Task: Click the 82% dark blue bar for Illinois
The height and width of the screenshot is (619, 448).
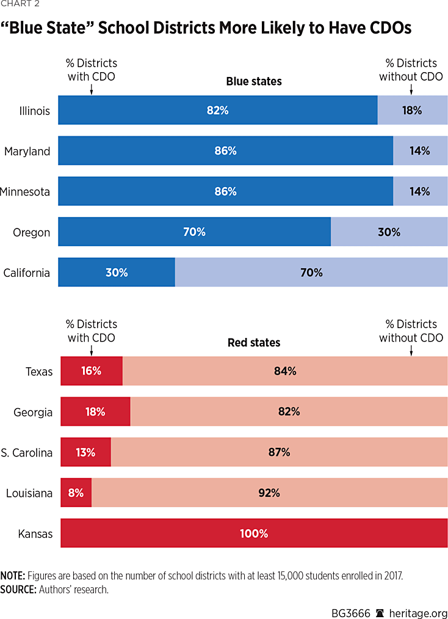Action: pyautogui.click(x=217, y=111)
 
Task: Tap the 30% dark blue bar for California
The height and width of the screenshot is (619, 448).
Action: pyautogui.click(x=116, y=273)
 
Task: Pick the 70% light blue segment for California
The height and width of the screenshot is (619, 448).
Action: pyautogui.click(x=311, y=273)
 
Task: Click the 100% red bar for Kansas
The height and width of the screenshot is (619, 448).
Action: pyautogui.click(x=254, y=533)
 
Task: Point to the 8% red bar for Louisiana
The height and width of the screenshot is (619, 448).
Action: pyautogui.click(x=76, y=493)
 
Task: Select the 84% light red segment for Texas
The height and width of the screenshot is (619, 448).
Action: pyautogui.click(x=285, y=371)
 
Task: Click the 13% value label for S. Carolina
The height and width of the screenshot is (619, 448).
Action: pyautogui.click(x=85, y=452)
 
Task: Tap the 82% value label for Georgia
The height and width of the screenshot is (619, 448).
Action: pyautogui.click(x=289, y=412)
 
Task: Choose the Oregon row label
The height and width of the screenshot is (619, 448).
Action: pyautogui.click(x=31, y=232)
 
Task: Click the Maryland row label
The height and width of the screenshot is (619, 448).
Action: pyautogui.click(x=27, y=151)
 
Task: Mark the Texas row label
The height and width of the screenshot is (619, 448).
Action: pyautogui.click(x=39, y=372)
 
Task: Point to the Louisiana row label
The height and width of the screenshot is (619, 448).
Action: pyautogui.click(x=29, y=493)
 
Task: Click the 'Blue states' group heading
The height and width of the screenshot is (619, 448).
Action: pyautogui.click(x=254, y=81)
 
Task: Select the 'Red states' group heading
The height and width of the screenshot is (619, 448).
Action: pyautogui.click(x=254, y=342)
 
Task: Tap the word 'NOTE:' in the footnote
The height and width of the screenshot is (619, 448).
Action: pyautogui.click(x=12, y=576)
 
